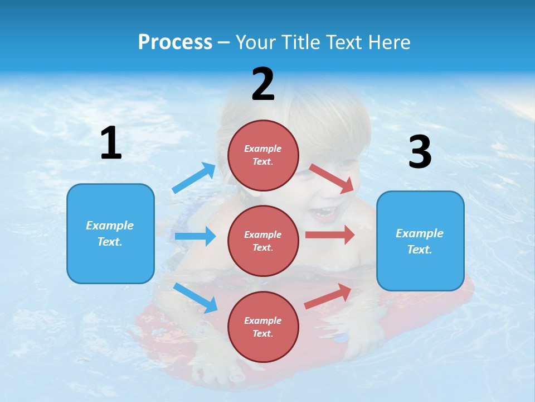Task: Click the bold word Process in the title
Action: click(175, 42)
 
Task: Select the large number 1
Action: click(111, 143)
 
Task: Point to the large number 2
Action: click(263, 84)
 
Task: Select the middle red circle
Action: click(263, 262)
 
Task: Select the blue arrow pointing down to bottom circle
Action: click(195, 298)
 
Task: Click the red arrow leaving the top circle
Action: click(332, 178)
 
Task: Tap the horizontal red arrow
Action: click(329, 234)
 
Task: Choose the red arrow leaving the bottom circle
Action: click(328, 296)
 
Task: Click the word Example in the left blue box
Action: click(110, 226)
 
